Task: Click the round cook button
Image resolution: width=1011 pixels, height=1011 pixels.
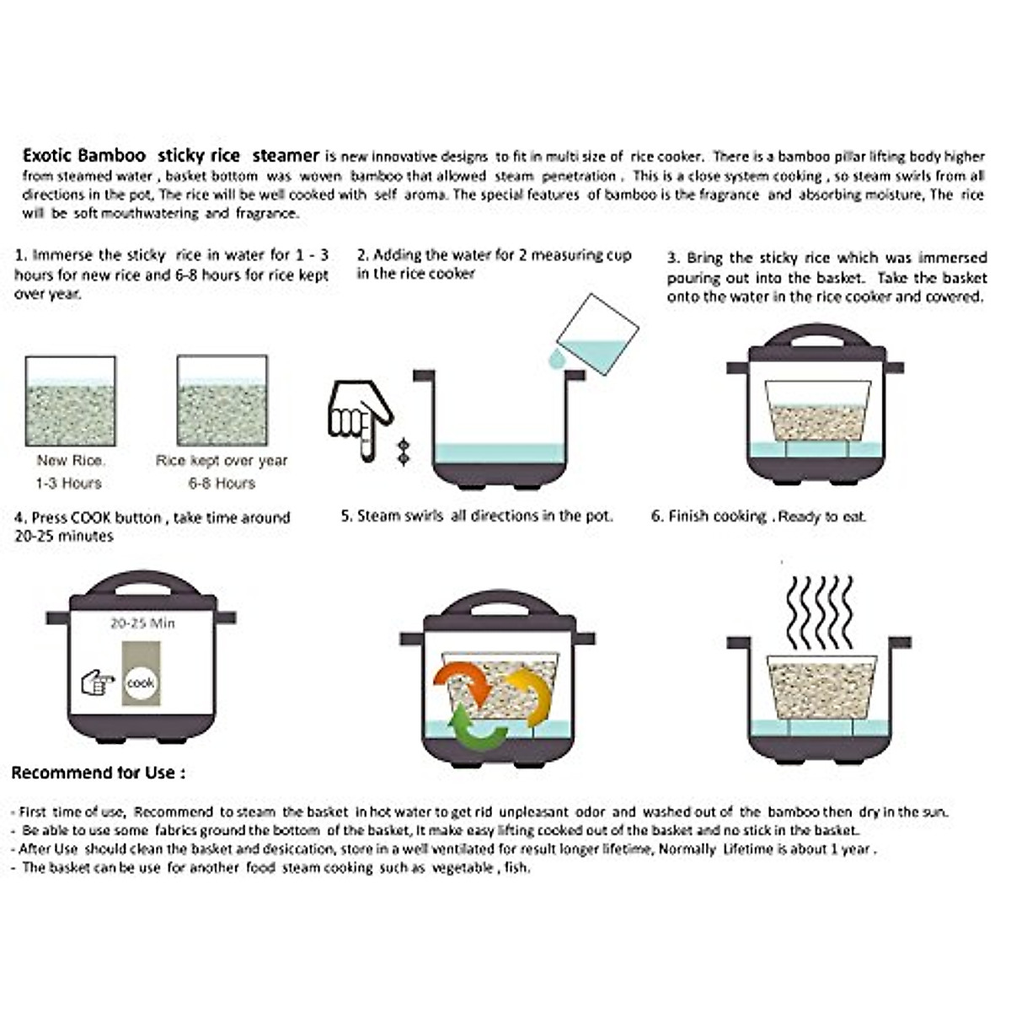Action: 140,683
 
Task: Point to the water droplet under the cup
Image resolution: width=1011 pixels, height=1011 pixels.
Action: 556,360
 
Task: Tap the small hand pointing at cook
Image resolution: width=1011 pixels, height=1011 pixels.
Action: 98,682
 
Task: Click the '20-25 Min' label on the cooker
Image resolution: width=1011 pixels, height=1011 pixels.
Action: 142,623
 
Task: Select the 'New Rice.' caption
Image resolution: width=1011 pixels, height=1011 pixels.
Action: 71,461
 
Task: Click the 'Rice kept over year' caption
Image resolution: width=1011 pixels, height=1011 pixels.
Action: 222,461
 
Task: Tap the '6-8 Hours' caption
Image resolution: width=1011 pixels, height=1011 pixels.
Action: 222,484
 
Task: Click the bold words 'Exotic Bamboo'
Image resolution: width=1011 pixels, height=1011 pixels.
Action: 84,156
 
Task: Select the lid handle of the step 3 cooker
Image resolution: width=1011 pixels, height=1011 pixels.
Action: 815,338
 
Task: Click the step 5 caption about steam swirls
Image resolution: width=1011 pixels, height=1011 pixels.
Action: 477,516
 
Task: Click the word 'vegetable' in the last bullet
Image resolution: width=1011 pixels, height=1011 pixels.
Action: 463,868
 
